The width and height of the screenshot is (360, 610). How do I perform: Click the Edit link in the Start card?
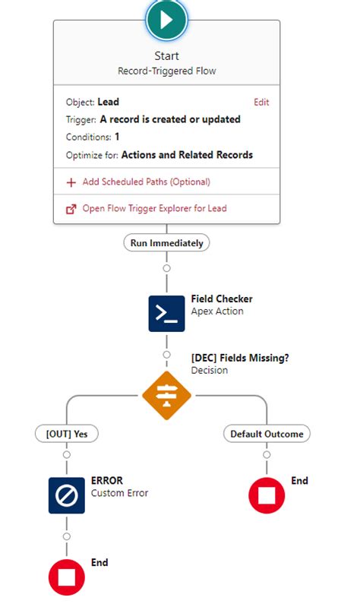(x=261, y=102)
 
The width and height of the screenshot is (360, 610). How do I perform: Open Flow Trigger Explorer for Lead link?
(x=154, y=208)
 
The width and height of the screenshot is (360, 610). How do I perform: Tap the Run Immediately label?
(x=166, y=243)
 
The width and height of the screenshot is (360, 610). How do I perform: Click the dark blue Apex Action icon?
(x=166, y=313)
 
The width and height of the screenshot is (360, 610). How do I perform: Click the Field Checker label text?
(x=222, y=299)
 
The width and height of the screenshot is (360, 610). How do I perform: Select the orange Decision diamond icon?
(x=166, y=396)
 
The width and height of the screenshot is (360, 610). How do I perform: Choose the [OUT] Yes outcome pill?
(x=67, y=434)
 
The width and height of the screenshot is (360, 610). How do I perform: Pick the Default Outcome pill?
(x=267, y=434)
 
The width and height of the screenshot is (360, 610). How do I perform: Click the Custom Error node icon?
(x=67, y=495)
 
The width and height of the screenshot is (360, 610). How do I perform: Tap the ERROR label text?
(x=107, y=481)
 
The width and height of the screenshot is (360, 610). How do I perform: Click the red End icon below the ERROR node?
(x=67, y=577)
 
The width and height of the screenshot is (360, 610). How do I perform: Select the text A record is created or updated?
(x=170, y=119)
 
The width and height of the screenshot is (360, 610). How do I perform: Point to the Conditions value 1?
(x=117, y=137)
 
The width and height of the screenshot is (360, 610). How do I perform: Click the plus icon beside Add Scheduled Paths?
(x=71, y=182)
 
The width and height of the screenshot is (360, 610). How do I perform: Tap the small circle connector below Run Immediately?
(x=166, y=268)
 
